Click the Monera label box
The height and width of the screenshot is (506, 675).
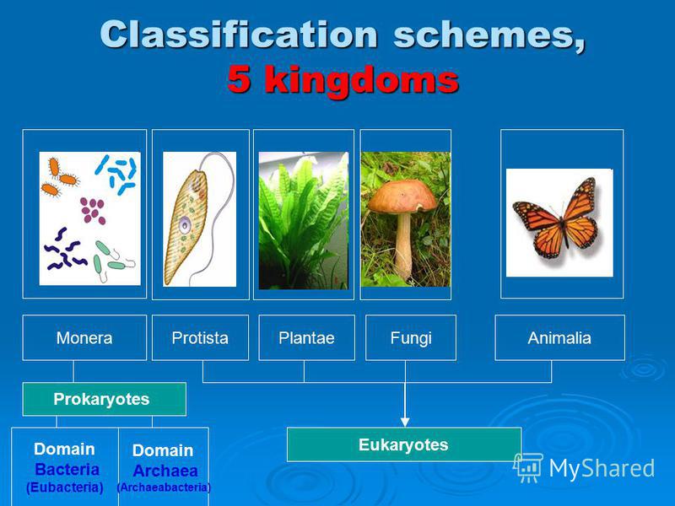tap(84, 338)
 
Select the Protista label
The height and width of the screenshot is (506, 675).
tap(200, 338)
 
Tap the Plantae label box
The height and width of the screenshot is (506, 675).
tap(306, 338)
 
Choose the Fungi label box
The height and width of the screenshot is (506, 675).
tap(411, 338)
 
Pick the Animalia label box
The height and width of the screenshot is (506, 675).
tap(559, 338)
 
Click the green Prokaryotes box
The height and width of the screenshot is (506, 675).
tap(104, 399)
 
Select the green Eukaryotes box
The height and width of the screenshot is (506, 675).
tap(404, 444)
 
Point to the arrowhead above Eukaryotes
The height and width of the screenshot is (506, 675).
tap(405, 422)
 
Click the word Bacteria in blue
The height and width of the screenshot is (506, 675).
tap(67, 470)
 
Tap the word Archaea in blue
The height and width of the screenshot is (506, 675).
tap(165, 471)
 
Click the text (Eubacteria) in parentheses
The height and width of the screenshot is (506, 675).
tap(65, 487)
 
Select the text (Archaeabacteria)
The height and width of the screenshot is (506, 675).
tap(164, 487)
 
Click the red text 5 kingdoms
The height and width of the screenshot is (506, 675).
tap(343, 80)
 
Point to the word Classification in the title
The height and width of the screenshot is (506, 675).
tap(239, 35)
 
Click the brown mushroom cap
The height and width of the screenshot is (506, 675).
tap(402, 197)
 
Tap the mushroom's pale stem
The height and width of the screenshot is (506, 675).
tap(403, 245)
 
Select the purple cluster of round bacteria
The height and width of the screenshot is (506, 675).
tap(93, 211)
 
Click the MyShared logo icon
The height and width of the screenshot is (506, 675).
tap(528, 468)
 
